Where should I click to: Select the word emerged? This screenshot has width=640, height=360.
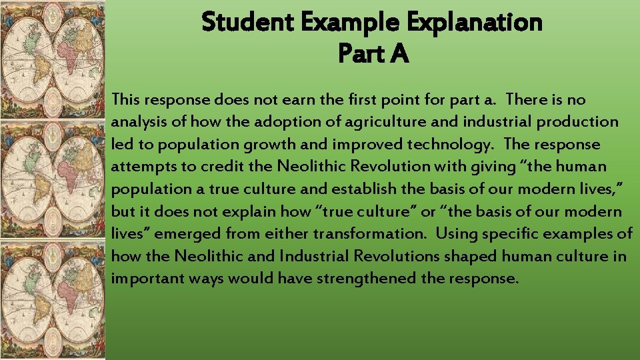coord(193,234)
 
